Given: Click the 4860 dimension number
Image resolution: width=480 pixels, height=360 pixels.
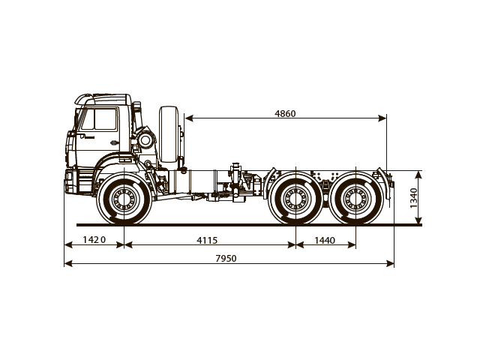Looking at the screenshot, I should click(285, 114).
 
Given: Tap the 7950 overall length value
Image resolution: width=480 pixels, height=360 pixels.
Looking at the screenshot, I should click(226, 258).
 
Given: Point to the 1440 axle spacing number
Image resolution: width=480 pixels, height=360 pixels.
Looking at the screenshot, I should click(325, 240).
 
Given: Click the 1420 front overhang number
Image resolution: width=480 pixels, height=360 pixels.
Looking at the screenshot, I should click(94, 240).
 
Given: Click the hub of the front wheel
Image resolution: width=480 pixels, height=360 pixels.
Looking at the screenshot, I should click(124, 200).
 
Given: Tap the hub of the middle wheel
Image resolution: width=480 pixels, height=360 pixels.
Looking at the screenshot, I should click(295, 200).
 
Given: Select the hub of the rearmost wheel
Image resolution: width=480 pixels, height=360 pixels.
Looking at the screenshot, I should click(355, 200).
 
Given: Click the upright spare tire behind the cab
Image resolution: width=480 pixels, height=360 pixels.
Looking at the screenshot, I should click(170, 135).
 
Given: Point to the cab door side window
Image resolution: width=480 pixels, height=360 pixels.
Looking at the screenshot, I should click(101, 121).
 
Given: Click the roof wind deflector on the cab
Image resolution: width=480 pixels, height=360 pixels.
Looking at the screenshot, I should click(105, 97).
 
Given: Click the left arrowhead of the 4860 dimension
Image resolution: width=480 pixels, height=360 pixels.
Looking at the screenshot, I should click(187, 118).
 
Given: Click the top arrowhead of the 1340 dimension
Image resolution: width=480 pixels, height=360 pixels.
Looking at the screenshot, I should click(418, 173).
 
